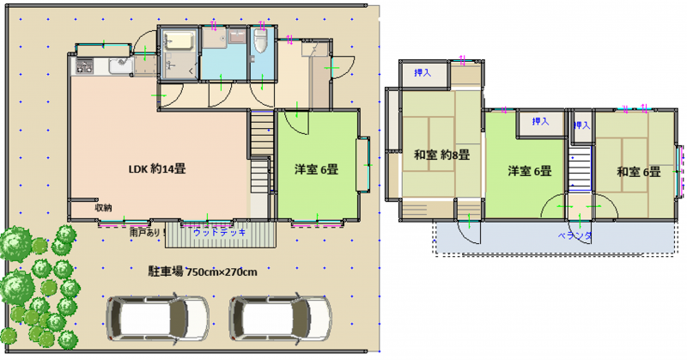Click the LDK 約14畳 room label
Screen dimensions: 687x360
tap(157, 168)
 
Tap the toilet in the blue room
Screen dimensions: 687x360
tap(261, 41)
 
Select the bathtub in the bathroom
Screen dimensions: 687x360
tap(179, 40)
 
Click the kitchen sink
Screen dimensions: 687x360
tap(120, 66)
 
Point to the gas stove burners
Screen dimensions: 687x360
tap(84, 66)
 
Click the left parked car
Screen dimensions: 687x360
tap(157, 318)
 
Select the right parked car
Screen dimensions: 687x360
tap(281, 318)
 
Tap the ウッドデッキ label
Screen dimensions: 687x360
tap(220, 232)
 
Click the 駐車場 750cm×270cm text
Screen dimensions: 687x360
tap(203, 272)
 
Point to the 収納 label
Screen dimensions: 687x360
tap(103, 208)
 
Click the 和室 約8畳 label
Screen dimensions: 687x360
tap(441, 155)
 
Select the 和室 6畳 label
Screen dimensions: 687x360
tap(638, 172)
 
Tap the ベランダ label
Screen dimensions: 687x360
tap(575, 236)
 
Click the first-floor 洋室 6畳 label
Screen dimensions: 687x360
tap(316, 169)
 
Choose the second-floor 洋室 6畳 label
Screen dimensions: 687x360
tap(529, 171)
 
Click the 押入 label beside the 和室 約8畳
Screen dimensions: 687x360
tap(423, 73)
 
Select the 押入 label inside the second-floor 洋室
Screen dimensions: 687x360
tap(540, 121)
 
